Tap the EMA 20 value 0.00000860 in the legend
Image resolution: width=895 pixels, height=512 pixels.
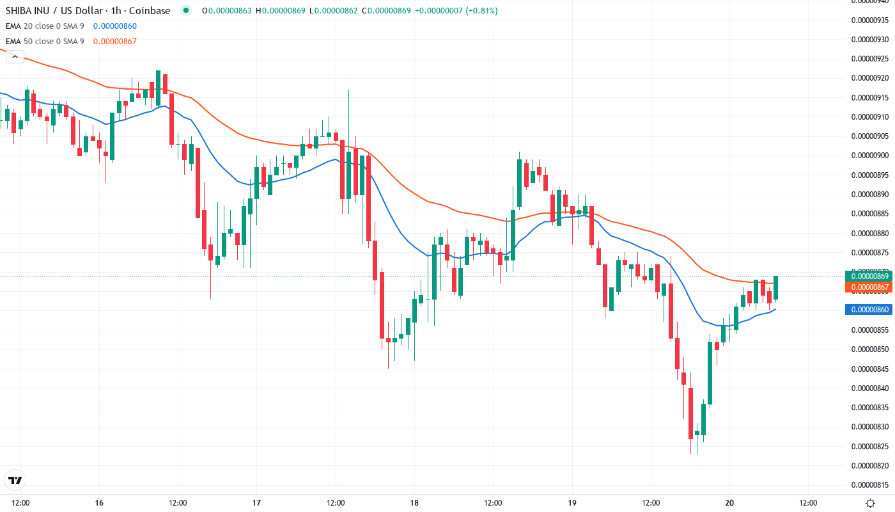click(115, 26)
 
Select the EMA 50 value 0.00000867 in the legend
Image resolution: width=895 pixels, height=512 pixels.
click(115, 42)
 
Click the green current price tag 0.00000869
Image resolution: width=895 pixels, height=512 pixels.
click(868, 276)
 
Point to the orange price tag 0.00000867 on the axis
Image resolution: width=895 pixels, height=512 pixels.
click(868, 287)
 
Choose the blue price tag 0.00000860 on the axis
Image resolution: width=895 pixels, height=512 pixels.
click(868, 310)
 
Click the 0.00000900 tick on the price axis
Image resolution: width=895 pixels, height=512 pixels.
click(870, 156)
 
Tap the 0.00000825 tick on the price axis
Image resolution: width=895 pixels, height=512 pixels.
click(870, 445)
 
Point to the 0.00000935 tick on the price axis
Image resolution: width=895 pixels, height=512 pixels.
click(870, 20)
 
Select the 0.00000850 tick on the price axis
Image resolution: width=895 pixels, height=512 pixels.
click(870, 349)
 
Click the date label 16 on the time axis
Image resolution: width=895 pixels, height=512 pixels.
click(99, 503)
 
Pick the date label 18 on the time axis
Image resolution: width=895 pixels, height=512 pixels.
click(414, 503)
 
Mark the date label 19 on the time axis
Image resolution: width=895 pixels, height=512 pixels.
click(572, 503)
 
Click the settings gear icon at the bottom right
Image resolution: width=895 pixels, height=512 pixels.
click(870, 503)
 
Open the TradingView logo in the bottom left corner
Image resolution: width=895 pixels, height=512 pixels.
click(15, 480)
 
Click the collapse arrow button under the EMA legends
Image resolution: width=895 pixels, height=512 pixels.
click(15, 57)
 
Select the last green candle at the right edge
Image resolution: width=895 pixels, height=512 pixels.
click(776, 287)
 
